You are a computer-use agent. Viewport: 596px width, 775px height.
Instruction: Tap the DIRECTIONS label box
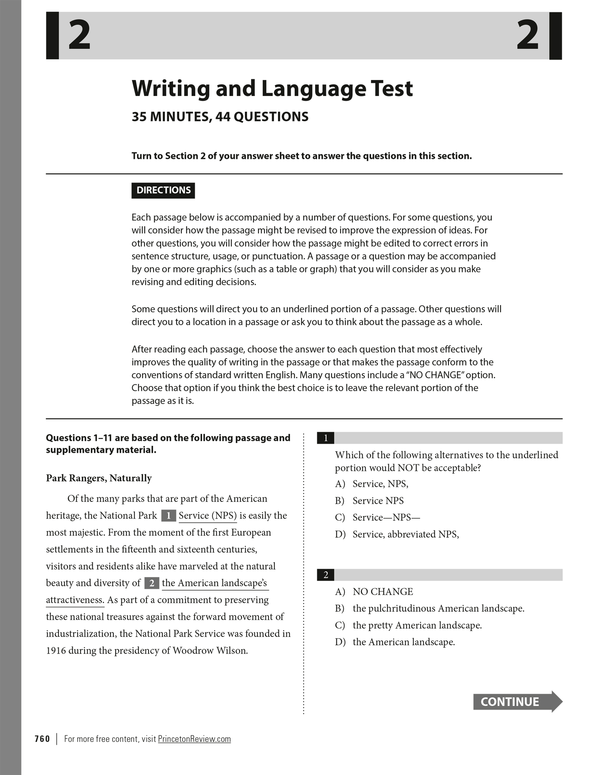pos(163,190)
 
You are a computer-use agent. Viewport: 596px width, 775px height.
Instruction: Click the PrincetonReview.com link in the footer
pos(194,739)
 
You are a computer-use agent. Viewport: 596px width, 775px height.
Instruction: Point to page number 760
pos(43,739)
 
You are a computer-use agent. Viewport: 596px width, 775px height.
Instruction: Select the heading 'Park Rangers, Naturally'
pos(99,478)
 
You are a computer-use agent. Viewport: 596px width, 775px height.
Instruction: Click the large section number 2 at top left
pos(79,36)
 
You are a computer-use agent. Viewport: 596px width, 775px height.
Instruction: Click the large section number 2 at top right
pos(528,36)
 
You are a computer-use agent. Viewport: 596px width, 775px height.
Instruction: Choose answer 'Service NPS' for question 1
pos(378,501)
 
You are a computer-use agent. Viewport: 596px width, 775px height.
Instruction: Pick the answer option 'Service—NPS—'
pos(386,518)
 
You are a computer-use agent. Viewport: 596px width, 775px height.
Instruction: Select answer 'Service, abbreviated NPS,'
pos(406,534)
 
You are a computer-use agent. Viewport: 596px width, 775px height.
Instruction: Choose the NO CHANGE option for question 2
pos(383,592)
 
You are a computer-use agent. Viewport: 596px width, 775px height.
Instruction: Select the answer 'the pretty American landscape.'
pos(417,625)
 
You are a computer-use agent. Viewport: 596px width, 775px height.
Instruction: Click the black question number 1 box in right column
pos(326,438)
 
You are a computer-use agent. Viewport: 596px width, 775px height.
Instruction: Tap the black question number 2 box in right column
pos(326,575)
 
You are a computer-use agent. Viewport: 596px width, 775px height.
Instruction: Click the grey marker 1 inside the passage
pos(169,516)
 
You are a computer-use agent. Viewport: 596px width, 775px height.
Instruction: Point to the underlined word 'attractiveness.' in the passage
pos(75,600)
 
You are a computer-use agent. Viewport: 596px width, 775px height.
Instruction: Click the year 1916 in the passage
pos(56,650)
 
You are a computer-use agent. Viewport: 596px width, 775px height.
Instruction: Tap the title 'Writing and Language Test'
pos(272,88)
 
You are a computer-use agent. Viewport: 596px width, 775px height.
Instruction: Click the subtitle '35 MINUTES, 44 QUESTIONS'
pos(220,117)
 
